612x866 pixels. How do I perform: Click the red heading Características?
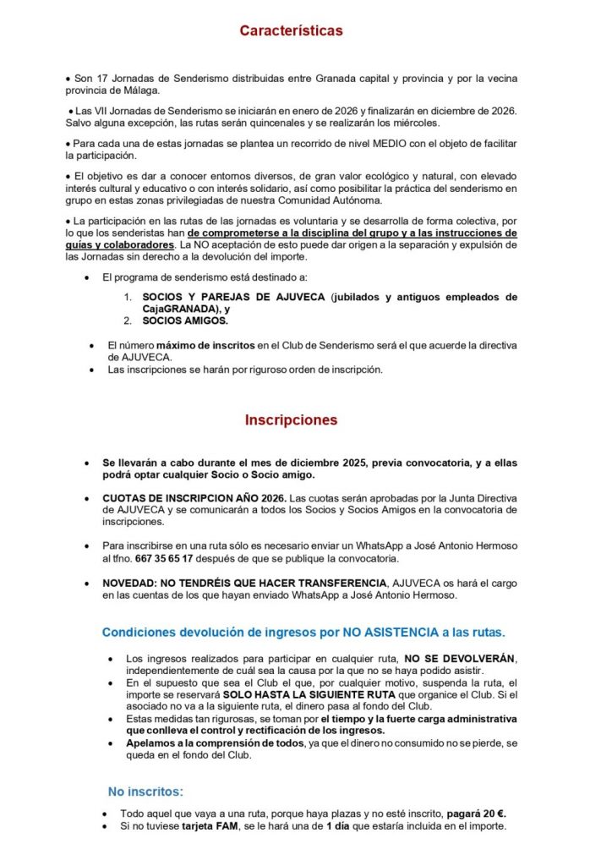tap(291, 30)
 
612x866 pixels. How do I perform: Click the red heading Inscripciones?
tap(291, 419)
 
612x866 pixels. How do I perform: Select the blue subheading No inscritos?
tap(145, 792)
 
